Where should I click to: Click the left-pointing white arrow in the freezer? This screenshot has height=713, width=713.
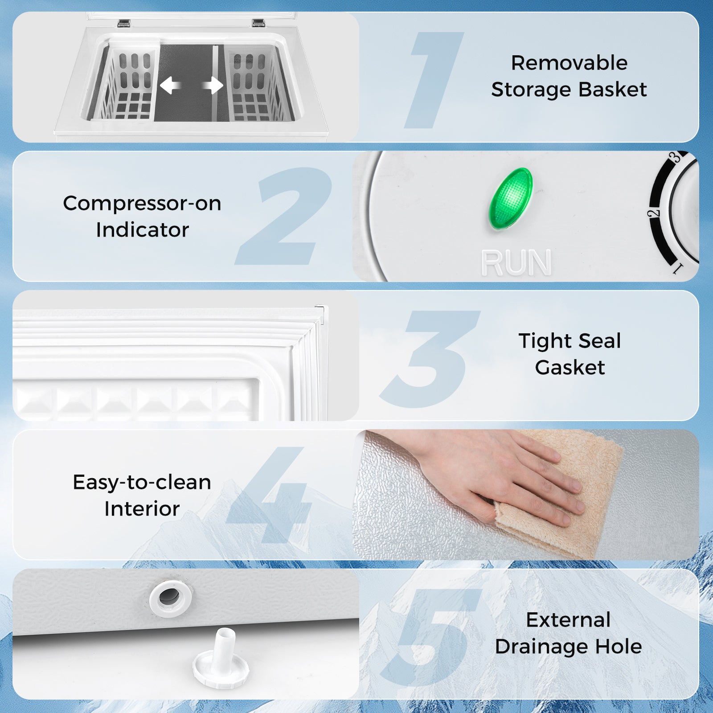pos(170,85)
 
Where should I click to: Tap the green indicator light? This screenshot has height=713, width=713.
pos(511,199)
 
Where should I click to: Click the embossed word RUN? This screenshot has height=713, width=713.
pos(516,263)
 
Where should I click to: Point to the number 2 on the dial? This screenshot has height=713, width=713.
pos(653,213)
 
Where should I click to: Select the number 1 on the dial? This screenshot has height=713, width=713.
pos(677,268)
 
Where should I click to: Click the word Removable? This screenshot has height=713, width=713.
pos(569,63)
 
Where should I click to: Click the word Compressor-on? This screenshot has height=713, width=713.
pos(142,203)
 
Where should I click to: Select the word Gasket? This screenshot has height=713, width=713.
pos(570,368)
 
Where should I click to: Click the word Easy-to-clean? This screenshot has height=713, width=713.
pos(142,482)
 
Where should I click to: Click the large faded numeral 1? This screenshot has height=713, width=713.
pos(434,80)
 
